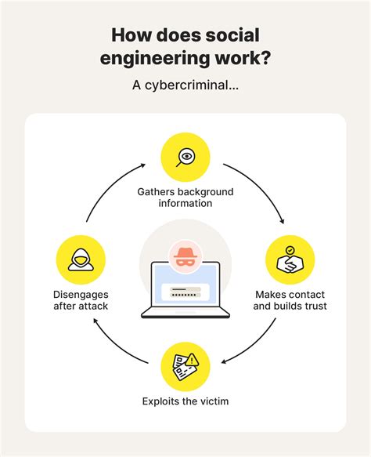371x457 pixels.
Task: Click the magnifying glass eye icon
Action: coord(185,157)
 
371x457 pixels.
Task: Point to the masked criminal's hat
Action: coord(185,254)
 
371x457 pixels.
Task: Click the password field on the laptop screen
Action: coord(185,293)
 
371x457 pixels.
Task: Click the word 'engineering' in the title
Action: coord(160,60)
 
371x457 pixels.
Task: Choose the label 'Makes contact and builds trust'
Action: coord(290,300)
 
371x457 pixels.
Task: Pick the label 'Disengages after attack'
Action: coord(81,300)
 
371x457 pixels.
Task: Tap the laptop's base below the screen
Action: coord(185,314)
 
